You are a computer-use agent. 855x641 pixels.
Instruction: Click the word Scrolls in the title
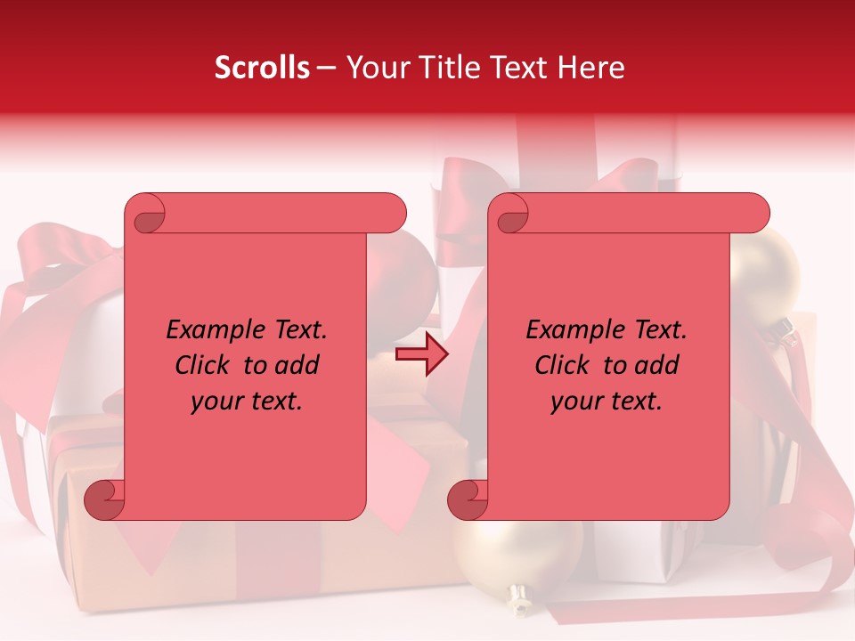point(262,68)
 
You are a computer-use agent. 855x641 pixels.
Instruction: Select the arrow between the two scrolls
point(421,354)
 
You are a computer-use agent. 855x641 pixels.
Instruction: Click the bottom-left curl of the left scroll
point(104,499)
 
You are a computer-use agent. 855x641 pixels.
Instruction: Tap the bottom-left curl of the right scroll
point(468,499)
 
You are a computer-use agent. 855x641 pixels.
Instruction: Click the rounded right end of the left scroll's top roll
point(392,214)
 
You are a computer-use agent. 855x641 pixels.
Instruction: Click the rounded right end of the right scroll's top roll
point(755,214)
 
